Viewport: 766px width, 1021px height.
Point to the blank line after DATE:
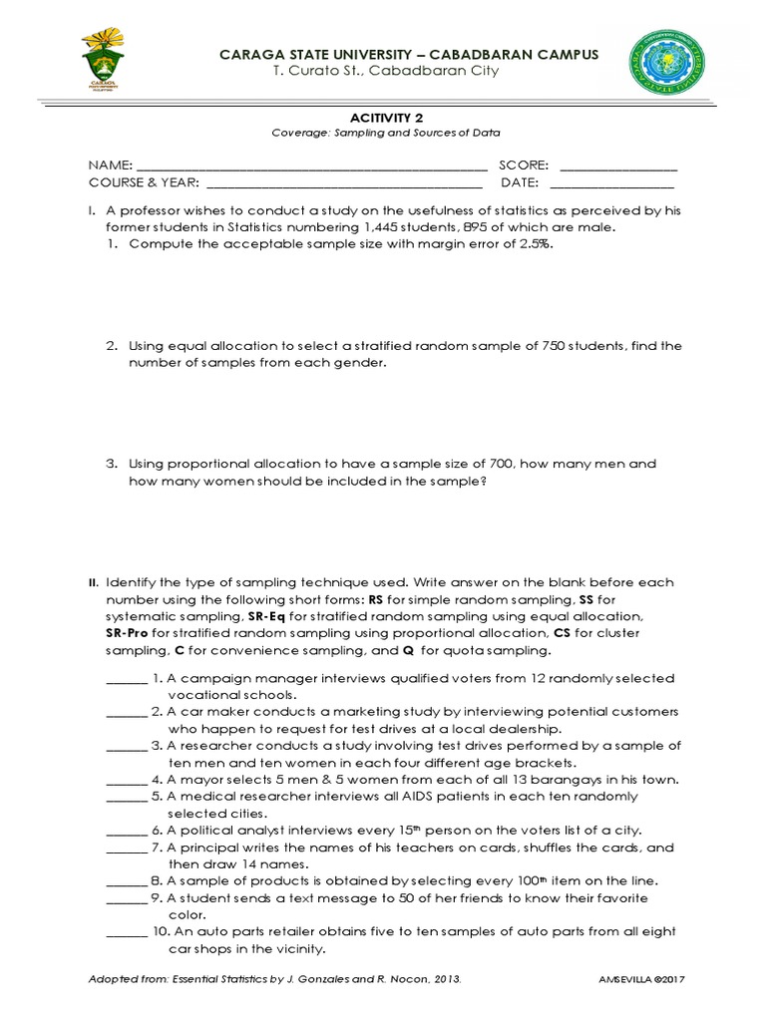pos(611,184)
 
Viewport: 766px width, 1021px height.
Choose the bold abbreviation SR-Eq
pos(266,616)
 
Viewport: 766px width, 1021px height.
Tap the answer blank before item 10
pos(126,933)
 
